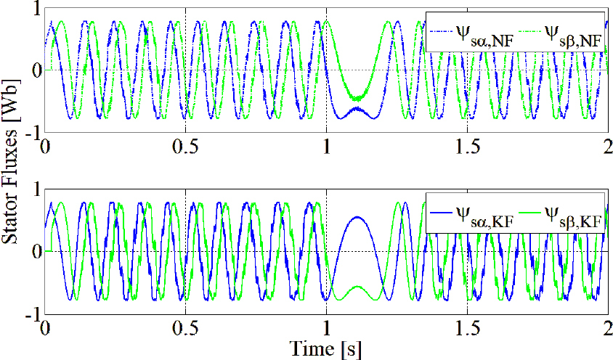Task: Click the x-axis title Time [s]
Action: pyautogui.click(x=325, y=348)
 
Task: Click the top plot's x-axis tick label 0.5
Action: pyautogui.click(x=186, y=145)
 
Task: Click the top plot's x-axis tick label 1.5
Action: pyautogui.click(x=467, y=145)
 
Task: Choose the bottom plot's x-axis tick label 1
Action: pyautogui.click(x=327, y=327)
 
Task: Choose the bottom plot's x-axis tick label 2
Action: pyautogui.click(x=607, y=327)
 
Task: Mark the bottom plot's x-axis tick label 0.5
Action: pyautogui.click(x=186, y=327)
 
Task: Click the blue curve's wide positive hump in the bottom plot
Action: pyautogui.click(x=358, y=217)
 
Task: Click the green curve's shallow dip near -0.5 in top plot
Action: pyautogui.click(x=358, y=97)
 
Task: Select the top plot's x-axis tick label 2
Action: pyautogui.click(x=607, y=145)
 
